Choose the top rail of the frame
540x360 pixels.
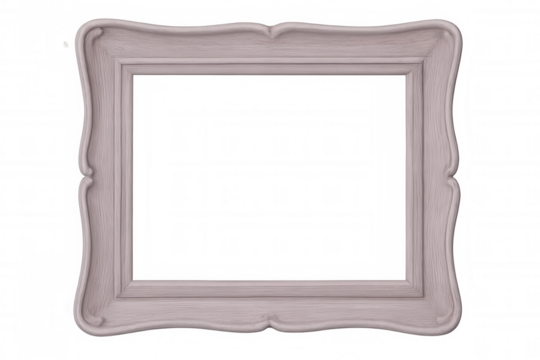[x=270, y=50]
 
